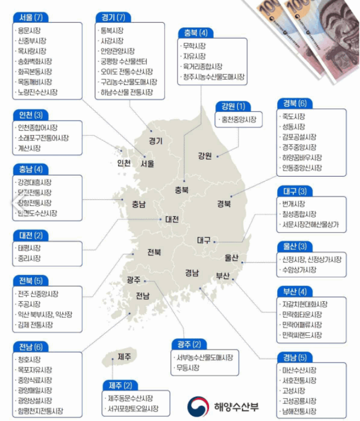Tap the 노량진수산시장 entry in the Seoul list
[38, 92]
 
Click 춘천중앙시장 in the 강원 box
[238, 119]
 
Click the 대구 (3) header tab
[294, 191]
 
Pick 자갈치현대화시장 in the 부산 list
[305, 305]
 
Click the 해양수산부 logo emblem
[197, 407]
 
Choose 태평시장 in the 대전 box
[29, 248]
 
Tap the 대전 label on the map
[171, 219]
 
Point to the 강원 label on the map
[205, 156]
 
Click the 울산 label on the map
[232, 257]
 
